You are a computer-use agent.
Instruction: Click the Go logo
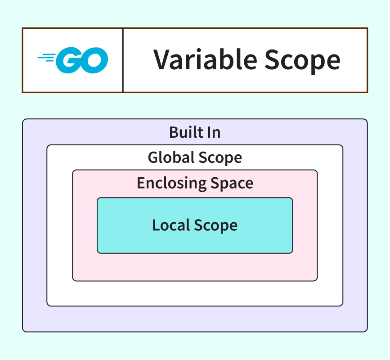pyautogui.click(x=73, y=60)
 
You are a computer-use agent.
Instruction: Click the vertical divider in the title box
pyautogui.click(x=123, y=60)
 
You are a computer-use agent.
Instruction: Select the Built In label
pyautogui.click(x=195, y=132)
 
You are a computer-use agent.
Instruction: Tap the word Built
pyautogui.click(x=183, y=132)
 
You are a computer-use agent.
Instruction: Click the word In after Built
pyautogui.click(x=213, y=132)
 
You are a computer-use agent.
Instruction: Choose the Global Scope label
pyautogui.click(x=195, y=157)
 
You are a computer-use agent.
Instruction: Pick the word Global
pyautogui.click(x=170, y=157)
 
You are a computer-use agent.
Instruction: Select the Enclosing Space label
pyautogui.click(x=195, y=183)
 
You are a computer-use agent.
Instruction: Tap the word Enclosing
pyautogui.click(x=166, y=184)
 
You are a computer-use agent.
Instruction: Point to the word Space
pyautogui.click(x=231, y=184)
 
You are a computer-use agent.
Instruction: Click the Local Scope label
pyautogui.click(x=195, y=225)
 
